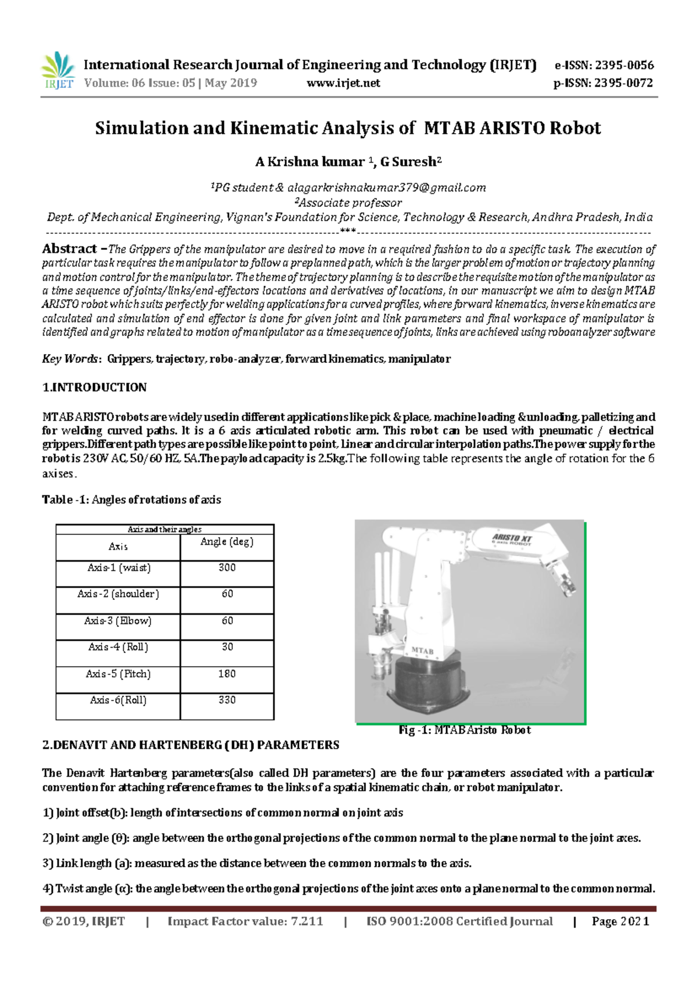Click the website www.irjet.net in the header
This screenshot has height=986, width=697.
pyautogui.click(x=343, y=83)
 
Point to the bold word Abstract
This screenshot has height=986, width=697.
pyautogui.click(x=69, y=249)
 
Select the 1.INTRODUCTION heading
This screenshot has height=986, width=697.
pyautogui.click(x=94, y=387)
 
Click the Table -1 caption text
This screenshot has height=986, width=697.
pyautogui.click(x=131, y=499)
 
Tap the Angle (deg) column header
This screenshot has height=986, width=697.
pyautogui.click(x=227, y=542)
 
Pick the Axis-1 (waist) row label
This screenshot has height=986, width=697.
pyautogui.click(x=118, y=568)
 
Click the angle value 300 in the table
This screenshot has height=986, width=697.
pyautogui.click(x=227, y=568)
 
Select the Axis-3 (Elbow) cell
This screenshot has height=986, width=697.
pyautogui.click(x=118, y=621)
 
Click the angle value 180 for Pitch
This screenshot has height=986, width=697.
pyautogui.click(x=227, y=674)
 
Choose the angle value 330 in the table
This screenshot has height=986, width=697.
pyautogui.click(x=227, y=700)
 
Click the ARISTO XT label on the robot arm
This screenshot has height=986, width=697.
pyautogui.click(x=512, y=538)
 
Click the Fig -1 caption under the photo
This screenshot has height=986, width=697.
pyautogui.click(x=465, y=730)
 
